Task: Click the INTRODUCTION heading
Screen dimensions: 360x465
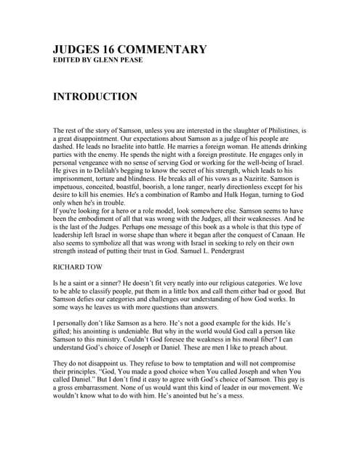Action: point(95,96)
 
